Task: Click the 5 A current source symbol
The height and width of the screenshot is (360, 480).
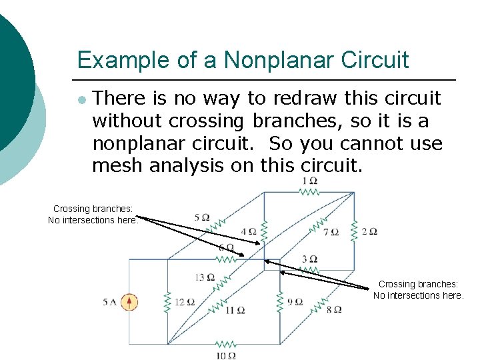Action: pyautogui.click(x=130, y=302)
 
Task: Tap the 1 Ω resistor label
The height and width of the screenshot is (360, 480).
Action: pyautogui.click(x=309, y=181)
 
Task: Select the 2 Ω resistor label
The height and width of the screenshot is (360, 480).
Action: pyautogui.click(x=369, y=231)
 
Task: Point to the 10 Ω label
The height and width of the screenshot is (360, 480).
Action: pyautogui.click(x=226, y=355)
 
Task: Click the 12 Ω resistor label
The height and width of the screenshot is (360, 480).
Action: pyautogui.click(x=185, y=302)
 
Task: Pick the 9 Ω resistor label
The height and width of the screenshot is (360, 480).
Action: pyautogui.click(x=295, y=302)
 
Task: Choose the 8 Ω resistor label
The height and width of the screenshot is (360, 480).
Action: pyautogui.click(x=334, y=309)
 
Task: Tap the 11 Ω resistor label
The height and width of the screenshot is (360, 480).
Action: pyautogui.click(x=235, y=310)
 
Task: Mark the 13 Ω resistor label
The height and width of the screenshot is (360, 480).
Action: pyautogui.click(x=205, y=277)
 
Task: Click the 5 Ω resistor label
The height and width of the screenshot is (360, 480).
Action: pyautogui.click(x=201, y=217)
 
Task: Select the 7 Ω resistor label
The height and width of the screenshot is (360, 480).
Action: pyautogui.click(x=331, y=232)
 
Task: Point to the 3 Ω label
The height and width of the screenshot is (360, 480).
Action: pyautogui.click(x=309, y=259)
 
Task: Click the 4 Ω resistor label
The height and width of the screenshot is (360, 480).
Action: pyautogui.click(x=248, y=232)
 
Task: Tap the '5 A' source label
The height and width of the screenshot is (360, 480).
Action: pyautogui.click(x=110, y=302)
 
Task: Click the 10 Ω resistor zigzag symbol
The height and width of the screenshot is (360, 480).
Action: pyautogui.click(x=226, y=344)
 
